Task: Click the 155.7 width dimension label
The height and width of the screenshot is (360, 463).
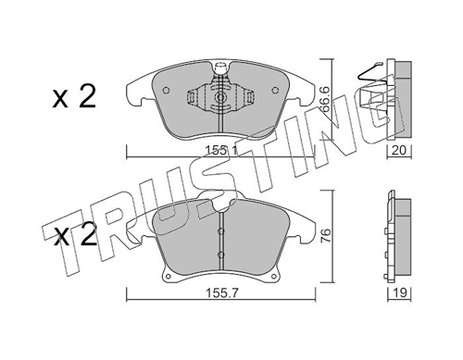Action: [x=221, y=292]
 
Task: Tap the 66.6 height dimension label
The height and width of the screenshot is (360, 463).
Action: [x=325, y=99]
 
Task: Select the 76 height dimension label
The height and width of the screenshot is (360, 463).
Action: [x=327, y=235]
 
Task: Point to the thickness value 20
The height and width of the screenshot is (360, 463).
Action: [x=399, y=151]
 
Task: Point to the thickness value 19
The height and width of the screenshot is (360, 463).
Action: [x=400, y=292]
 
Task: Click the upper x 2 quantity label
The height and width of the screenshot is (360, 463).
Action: [x=74, y=97]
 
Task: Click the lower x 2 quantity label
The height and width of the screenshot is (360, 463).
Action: [x=75, y=236]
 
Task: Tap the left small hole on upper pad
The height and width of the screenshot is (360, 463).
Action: [x=166, y=90]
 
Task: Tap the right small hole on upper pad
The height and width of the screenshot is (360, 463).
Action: [x=274, y=90]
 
